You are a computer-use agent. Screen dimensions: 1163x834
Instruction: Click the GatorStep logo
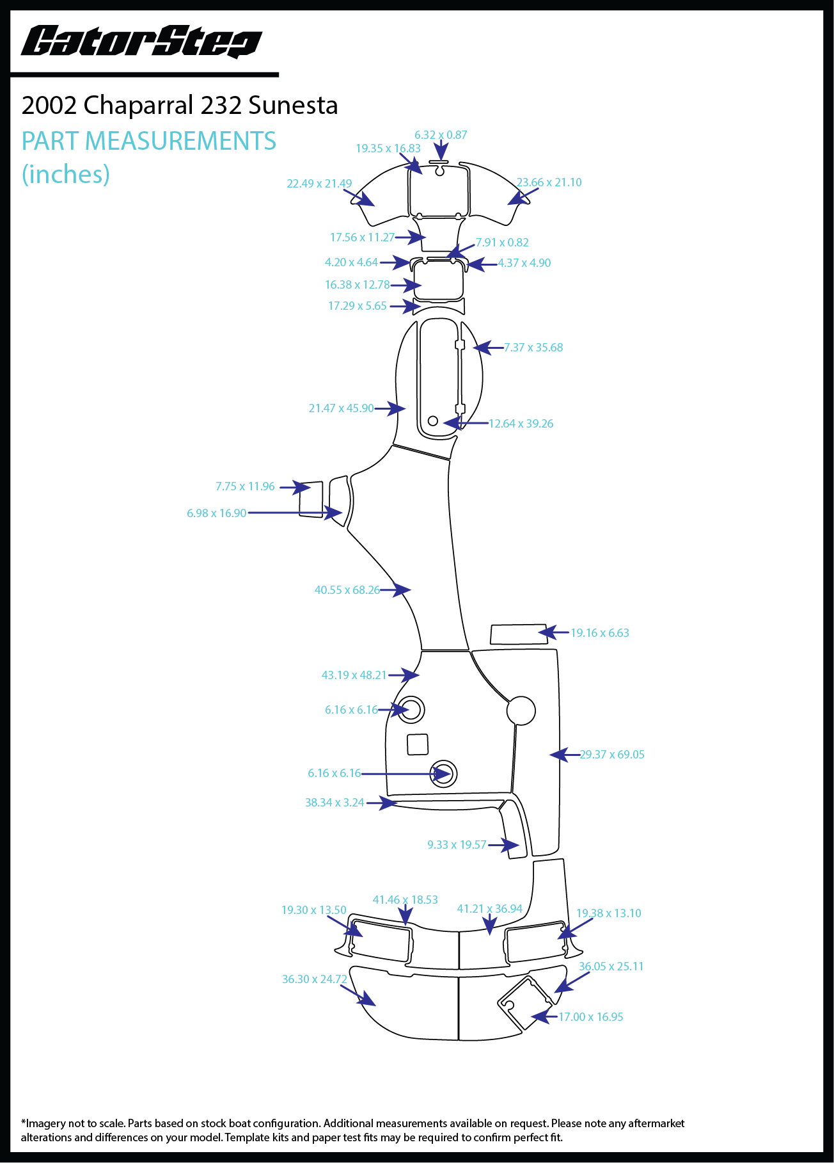[x=141, y=42]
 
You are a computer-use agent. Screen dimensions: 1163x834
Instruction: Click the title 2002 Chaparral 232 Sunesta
[x=180, y=106]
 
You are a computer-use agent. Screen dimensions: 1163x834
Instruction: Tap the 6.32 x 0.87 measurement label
[x=441, y=135]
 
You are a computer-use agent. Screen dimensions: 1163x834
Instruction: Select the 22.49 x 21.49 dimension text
[x=319, y=184]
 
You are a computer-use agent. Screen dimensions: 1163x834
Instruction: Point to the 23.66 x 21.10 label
[x=549, y=182]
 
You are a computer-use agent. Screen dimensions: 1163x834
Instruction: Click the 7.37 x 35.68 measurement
[x=533, y=348]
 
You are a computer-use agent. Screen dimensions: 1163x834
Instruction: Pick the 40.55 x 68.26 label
[x=347, y=590]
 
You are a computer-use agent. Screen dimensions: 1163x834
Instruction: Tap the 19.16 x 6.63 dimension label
[x=600, y=633]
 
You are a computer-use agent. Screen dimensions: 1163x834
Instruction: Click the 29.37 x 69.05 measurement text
[x=612, y=755]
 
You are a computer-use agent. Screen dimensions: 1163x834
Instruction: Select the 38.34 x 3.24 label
[x=334, y=803]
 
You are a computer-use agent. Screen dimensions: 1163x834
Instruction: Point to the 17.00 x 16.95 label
[x=591, y=1017]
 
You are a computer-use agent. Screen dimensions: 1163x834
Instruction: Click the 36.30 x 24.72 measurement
[x=315, y=979]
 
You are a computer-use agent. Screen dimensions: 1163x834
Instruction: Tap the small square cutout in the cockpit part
[x=418, y=744]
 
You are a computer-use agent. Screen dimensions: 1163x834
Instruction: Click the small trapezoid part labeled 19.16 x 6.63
[x=517, y=634]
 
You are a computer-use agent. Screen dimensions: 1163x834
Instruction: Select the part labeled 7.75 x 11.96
[x=311, y=499]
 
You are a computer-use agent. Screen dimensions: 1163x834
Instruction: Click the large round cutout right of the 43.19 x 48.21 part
[x=521, y=710]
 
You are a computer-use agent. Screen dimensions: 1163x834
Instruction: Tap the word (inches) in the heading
[x=66, y=174]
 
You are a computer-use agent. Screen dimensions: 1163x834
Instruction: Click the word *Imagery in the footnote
[x=45, y=1123]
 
